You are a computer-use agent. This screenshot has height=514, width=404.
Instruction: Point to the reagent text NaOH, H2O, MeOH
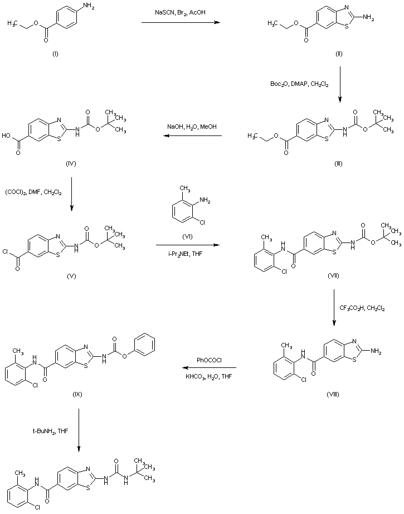point(186,127)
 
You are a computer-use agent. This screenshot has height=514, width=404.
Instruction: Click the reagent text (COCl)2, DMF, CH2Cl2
point(35,192)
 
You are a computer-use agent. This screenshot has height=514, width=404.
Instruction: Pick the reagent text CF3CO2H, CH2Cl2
point(362,307)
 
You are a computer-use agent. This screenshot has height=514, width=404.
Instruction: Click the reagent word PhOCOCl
point(210,360)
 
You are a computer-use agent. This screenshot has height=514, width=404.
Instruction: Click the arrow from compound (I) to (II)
point(179,23)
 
